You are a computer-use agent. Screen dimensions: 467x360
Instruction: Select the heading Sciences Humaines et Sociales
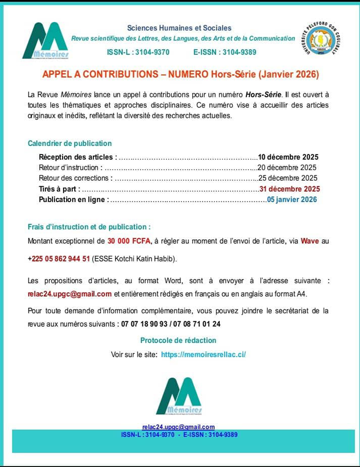tap(179, 28)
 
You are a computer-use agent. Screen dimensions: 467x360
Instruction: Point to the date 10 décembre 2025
tap(288, 157)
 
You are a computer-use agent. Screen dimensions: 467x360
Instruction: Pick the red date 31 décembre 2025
tap(289, 189)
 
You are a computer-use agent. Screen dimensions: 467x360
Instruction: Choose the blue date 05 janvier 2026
tap(292, 199)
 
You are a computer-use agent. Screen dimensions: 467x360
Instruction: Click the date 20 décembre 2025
tap(287, 167)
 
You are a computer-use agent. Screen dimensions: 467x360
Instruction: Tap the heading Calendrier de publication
tap(70, 144)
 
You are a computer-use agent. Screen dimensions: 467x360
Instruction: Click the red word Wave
tap(309, 241)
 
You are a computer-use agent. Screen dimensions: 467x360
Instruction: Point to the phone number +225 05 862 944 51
tap(59, 258)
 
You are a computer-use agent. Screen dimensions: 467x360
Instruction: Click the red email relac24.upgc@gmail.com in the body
tap(70, 293)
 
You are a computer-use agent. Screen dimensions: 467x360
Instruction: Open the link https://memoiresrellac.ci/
tap(203, 354)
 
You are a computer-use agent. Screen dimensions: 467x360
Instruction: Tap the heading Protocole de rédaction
tap(178, 340)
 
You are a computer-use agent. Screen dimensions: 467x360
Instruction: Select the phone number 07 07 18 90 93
tap(145, 324)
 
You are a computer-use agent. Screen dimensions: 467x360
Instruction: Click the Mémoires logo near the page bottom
tap(179, 396)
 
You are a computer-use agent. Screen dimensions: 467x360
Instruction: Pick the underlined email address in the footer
tap(178, 427)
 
